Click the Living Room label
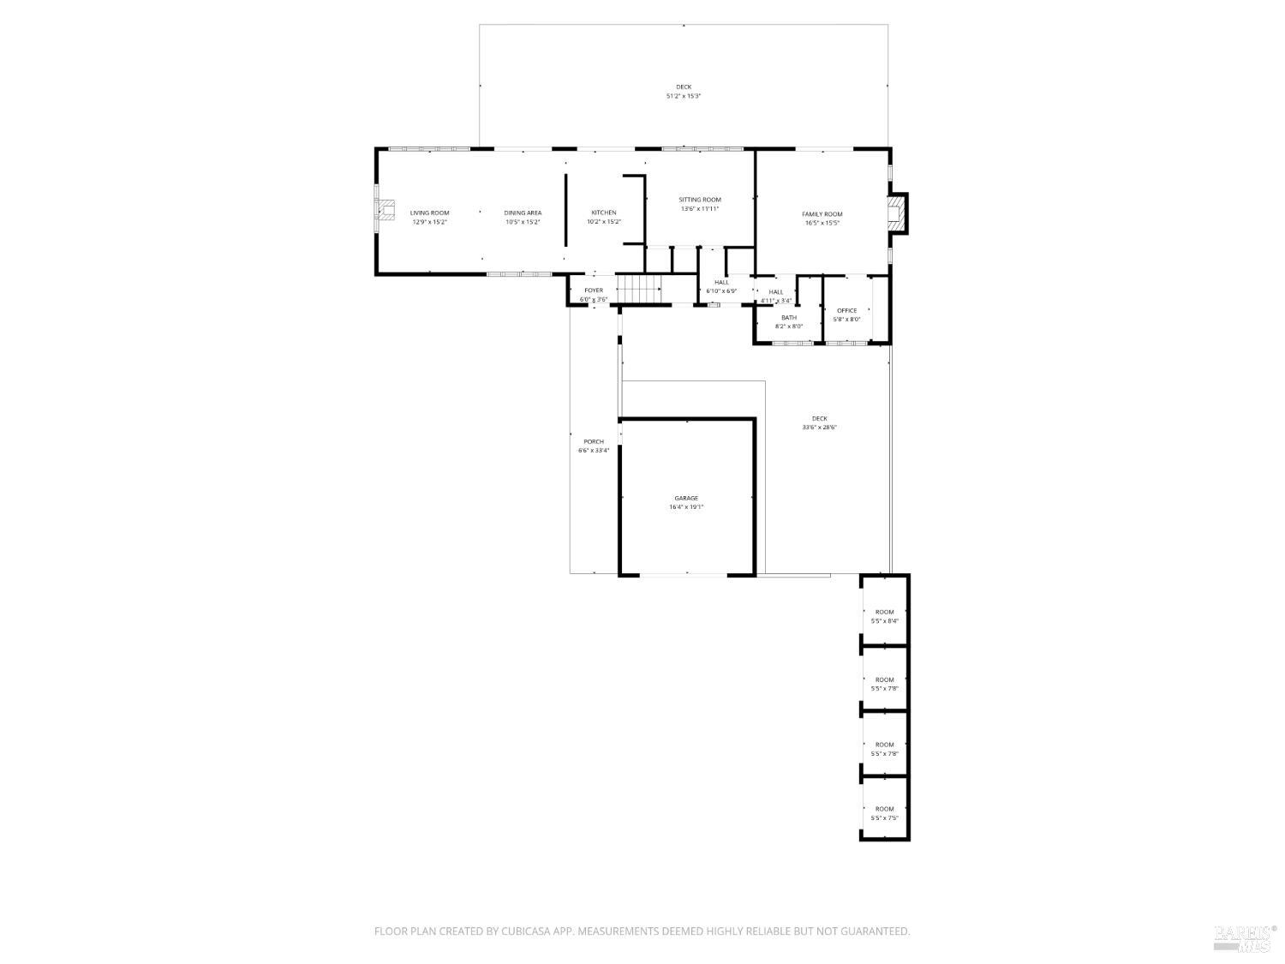[429, 213]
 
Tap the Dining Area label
[523, 213]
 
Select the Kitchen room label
[603, 213]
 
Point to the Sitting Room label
[700, 200]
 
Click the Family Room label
[822, 214]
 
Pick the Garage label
[686, 498]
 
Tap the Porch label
[594, 442]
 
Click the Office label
[846, 310]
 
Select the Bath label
[788, 317]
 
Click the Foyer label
[594, 290]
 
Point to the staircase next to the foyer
[639, 290]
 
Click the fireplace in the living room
[387, 211]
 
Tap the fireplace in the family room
[896, 213]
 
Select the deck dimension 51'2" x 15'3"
[684, 96]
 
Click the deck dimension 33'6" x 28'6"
[819, 427]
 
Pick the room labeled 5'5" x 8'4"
[884, 620]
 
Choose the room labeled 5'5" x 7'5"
[884, 817]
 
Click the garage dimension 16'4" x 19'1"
[686, 506]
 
